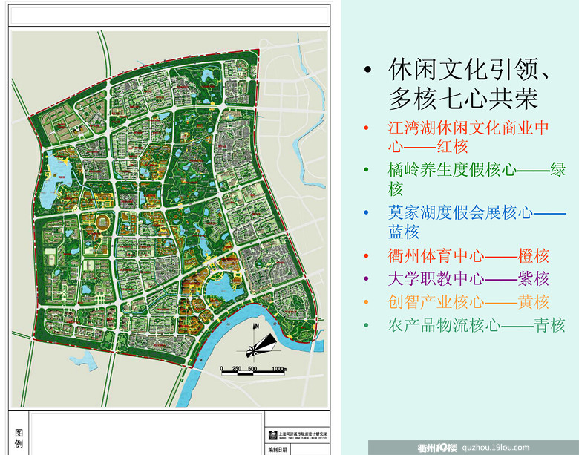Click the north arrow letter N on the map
pos(255,326)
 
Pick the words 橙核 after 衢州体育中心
pos(531,256)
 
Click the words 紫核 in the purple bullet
pos(531,279)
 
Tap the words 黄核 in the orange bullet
pos(531,302)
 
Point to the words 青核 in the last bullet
pos(549,325)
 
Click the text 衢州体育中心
pos(435,256)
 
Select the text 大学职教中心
pos(435,279)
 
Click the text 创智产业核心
pos(435,302)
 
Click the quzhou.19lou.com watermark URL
pos(495,447)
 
